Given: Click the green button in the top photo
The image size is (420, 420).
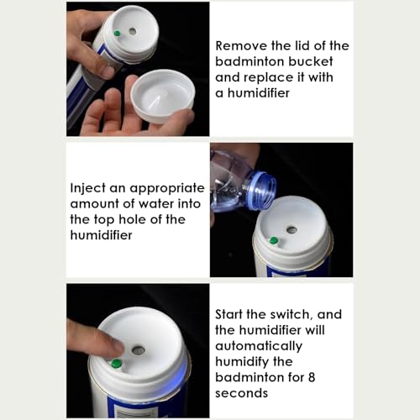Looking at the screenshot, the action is pyautogui.click(x=118, y=34).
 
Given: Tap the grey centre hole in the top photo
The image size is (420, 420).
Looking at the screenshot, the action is pyautogui.click(x=133, y=31).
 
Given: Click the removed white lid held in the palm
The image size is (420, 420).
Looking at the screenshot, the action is pyautogui.click(x=163, y=97).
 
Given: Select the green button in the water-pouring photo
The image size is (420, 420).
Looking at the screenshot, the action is pyautogui.click(x=274, y=240).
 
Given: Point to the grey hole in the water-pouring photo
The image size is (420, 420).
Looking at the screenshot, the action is pyautogui.click(x=291, y=230).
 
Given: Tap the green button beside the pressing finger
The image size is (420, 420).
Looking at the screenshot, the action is pyautogui.click(x=116, y=364).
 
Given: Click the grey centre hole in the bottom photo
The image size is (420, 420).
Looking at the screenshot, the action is pyautogui.click(x=138, y=350).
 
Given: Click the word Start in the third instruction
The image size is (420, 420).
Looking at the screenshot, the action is pyautogui.click(x=229, y=315).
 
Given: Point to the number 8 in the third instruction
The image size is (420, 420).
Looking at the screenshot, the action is pyautogui.click(x=312, y=377).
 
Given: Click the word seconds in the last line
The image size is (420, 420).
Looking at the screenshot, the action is pyautogui.click(x=241, y=393).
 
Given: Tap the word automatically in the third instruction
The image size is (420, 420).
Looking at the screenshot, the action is pyautogui.click(x=259, y=347).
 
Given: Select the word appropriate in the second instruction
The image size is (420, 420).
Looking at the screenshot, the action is pyautogui.click(x=167, y=189).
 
